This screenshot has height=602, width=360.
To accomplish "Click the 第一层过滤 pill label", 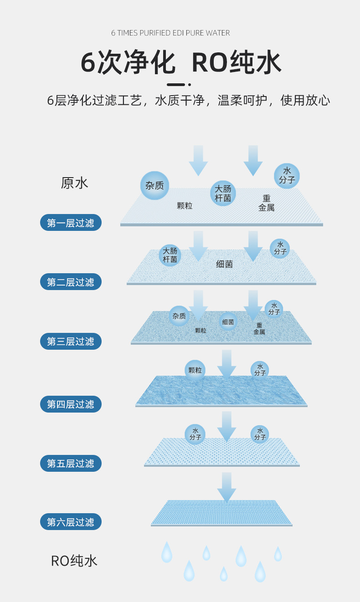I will point(71,223).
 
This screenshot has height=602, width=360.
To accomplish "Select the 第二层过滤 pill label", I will point(71,282).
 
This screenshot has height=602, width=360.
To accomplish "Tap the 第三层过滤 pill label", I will point(71,341).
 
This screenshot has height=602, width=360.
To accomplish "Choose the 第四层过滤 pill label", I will point(71,404).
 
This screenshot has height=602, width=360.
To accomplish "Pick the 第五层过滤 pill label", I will point(71,463).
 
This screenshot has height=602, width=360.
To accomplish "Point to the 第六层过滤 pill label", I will point(71,522).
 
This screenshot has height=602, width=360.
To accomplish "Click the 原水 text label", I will point(74,183).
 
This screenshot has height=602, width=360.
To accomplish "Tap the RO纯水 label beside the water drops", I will point(74,561).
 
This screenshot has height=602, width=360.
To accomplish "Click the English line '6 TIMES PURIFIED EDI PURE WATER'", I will point(170,33).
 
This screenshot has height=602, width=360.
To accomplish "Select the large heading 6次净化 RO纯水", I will point(180,63).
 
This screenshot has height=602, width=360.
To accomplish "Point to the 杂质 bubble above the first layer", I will point(154,185).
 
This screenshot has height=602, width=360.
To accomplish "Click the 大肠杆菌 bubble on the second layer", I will point(170,255).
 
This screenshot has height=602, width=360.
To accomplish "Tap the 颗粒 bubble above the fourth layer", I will point(195,370).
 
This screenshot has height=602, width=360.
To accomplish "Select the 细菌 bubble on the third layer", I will point(228,322).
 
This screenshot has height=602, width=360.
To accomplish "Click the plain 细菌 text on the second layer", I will point(224,264).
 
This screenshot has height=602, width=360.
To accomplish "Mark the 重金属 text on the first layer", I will point(266,203).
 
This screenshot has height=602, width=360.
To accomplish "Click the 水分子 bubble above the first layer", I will point(287,175).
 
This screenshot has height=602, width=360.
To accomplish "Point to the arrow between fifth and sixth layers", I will point(226,487).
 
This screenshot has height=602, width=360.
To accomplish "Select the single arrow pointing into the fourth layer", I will point(226,364).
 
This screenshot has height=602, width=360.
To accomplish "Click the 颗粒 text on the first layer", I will point(185,206).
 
